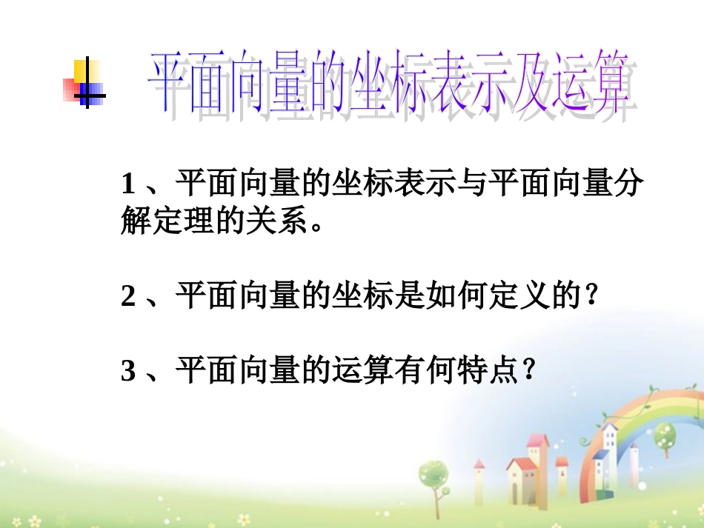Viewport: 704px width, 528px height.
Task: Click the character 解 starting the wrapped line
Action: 136,221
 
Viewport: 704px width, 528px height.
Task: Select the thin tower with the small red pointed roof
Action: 479,474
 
